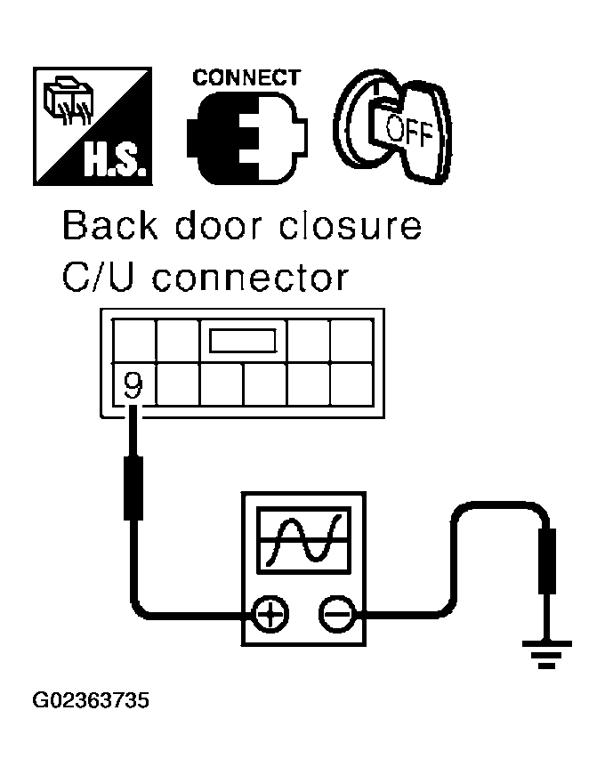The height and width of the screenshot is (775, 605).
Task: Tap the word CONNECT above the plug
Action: click(x=246, y=77)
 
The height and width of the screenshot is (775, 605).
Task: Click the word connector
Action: click(x=251, y=279)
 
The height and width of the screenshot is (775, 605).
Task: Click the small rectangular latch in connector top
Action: click(x=243, y=340)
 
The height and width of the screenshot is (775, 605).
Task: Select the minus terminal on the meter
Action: click(x=335, y=613)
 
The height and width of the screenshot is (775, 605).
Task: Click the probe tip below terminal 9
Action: click(x=133, y=487)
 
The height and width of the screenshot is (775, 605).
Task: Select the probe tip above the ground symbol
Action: click(x=547, y=561)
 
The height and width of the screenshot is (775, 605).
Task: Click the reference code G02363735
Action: click(x=91, y=701)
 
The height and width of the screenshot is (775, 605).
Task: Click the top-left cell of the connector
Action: click(x=133, y=340)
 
